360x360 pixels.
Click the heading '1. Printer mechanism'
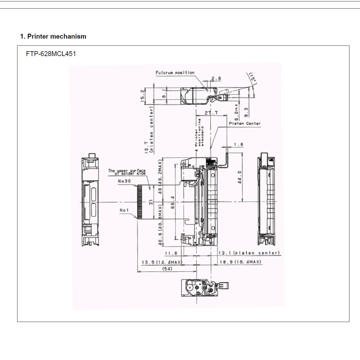53,36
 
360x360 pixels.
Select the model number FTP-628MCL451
51,54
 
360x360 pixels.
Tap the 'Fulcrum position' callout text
175,73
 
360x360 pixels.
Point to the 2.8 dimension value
216,78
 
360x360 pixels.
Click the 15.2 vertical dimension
143,95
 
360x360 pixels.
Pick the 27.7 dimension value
211,113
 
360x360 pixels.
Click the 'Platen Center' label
245,124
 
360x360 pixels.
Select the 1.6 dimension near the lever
238,144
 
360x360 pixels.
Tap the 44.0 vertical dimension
240,177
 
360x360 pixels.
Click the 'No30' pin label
124,181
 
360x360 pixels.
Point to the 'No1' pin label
124,210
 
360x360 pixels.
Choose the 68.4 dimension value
173,202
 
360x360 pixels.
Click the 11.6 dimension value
171,253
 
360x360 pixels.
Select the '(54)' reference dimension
167,268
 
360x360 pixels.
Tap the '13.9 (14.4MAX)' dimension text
162,262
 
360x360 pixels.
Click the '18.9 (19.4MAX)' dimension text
240,262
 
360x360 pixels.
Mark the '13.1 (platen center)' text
249,253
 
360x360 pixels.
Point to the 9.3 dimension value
246,112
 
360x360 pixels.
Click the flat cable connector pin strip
139,202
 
